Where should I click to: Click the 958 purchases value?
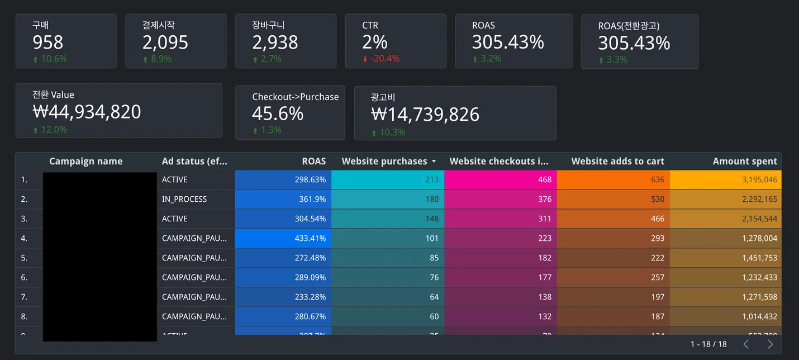tap(48, 42)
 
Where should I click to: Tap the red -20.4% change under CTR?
tap(383, 59)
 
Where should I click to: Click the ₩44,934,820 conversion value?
tap(87, 112)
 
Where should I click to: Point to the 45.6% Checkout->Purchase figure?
tap(278, 113)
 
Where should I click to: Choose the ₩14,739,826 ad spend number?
tap(425, 115)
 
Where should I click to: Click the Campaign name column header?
tap(86, 162)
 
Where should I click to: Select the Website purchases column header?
tap(384, 162)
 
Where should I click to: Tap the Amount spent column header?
tap(745, 162)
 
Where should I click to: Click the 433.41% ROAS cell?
tap(310, 238)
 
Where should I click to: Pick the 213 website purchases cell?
tap(432, 179)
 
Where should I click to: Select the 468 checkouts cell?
tap(545, 179)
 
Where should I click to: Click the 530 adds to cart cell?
tap(658, 199)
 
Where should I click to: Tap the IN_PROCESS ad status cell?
tap(184, 199)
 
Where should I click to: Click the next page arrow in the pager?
tap(771, 344)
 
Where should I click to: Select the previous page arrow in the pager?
tap(746, 344)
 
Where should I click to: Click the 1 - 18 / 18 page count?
tap(708, 344)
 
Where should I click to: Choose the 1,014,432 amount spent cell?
tap(759, 316)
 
